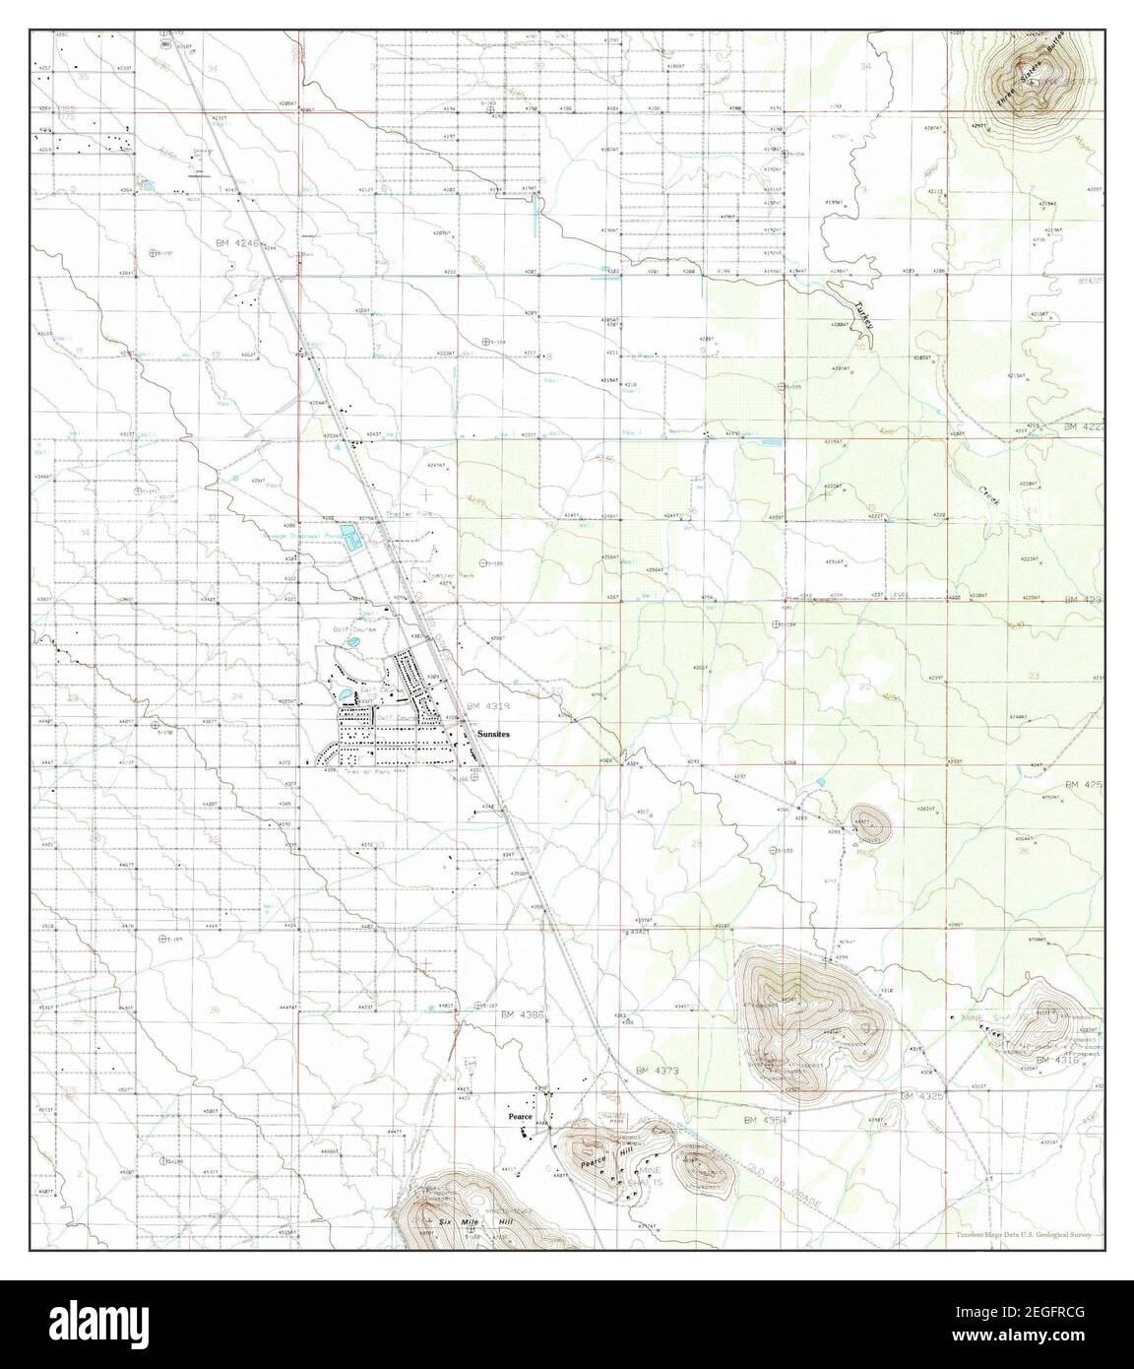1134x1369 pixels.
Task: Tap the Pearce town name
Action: coord(520,1117)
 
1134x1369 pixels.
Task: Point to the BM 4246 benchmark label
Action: coord(232,242)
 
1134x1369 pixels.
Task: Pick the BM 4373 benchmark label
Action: coord(658,1070)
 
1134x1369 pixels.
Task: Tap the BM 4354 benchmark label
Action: coord(770,1120)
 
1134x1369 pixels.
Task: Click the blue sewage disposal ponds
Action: coord(347,538)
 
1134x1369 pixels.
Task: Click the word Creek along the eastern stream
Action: coord(987,495)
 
